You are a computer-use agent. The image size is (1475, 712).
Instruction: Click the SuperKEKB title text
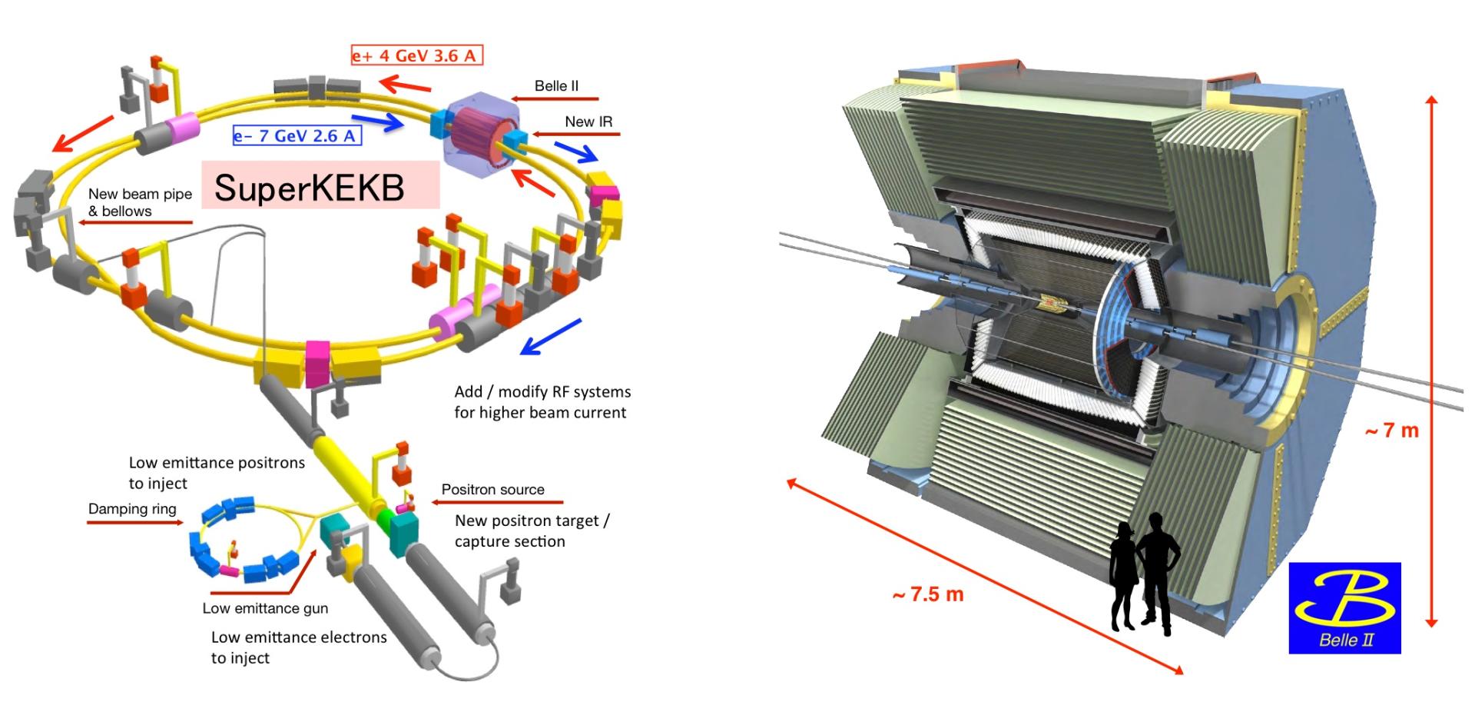[309, 188]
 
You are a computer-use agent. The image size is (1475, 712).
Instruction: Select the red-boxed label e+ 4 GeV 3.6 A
[416, 55]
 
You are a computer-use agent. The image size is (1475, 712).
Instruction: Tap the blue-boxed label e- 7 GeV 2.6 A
[297, 136]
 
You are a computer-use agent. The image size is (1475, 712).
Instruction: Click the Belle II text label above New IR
[556, 85]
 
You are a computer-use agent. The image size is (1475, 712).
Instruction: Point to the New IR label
[588, 121]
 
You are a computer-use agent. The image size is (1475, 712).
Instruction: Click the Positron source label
[492, 490]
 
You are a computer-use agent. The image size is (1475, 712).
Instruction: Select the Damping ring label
[132, 509]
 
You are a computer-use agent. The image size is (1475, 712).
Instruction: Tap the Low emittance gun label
[265, 608]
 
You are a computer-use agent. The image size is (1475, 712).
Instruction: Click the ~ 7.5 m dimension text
[927, 594]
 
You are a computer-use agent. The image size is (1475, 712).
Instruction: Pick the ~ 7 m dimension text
[1391, 431]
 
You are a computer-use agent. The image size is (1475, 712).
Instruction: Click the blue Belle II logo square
[1344, 607]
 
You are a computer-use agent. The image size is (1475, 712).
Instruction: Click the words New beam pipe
[140, 195]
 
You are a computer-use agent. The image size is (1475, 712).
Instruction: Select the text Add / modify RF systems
[542, 392]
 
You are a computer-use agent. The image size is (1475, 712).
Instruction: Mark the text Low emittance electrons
[299, 637]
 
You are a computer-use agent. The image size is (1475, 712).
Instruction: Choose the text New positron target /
[532, 521]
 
